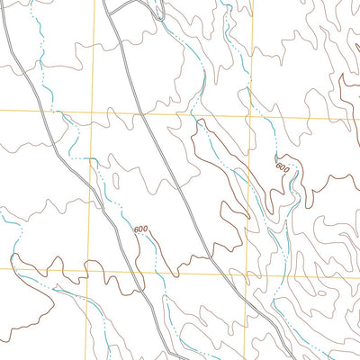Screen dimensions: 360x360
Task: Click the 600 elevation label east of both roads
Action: (283, 167)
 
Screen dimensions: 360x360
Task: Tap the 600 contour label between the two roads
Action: (140, 229)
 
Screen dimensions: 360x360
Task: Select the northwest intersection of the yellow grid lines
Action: (94, 112)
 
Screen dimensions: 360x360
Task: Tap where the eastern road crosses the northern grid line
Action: (143, 114)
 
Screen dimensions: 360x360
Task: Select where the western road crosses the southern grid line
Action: (134, 270)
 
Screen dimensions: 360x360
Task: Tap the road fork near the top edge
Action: (106, 6)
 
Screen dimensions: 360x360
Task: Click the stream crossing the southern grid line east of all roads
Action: (270, 274)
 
